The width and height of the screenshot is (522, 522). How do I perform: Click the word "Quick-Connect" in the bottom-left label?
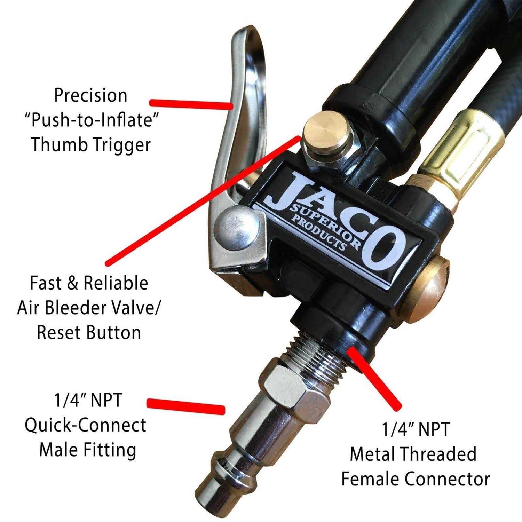click(85, 425)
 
